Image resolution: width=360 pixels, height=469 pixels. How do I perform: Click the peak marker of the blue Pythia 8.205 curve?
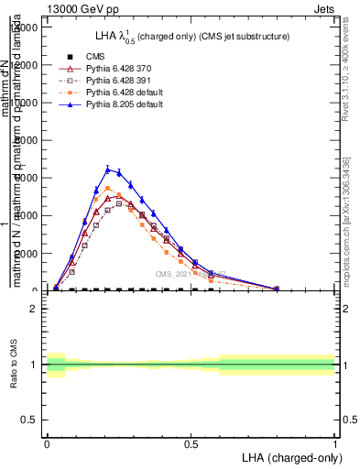tap(108, 169)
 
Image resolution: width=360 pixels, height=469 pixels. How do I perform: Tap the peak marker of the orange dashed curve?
tap(108, 189)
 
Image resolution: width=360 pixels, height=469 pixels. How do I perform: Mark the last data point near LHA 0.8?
tap(277, 289)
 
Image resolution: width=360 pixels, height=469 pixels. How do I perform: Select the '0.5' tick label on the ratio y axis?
tap(29, 420)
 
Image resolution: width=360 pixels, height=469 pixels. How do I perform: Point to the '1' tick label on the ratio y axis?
tap(34, 365)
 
